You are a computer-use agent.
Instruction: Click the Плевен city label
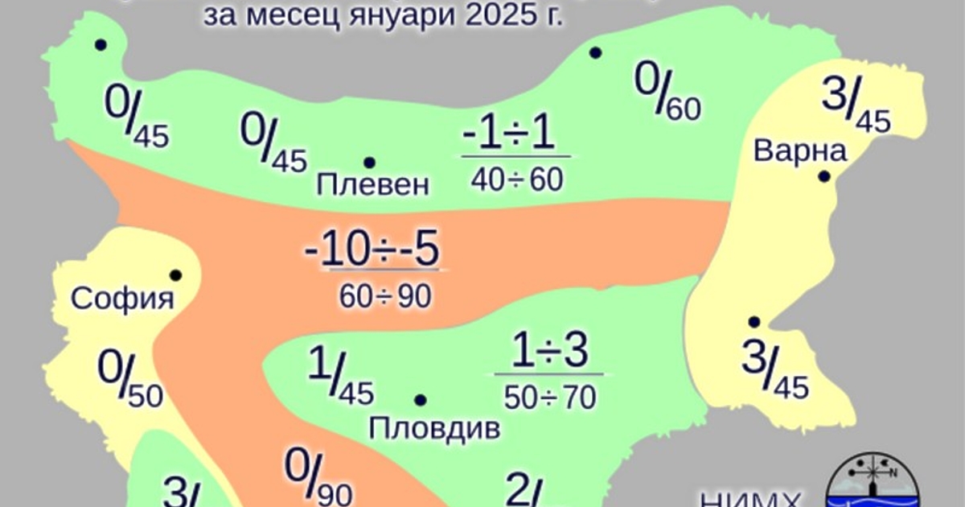373,186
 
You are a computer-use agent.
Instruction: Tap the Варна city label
801,150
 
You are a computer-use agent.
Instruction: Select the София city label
122,299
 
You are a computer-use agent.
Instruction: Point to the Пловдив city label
434,427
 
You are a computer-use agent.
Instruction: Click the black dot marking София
175,275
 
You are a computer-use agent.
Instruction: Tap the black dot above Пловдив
420,400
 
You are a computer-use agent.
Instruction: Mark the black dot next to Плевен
369,163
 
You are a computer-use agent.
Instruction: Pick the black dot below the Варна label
823,176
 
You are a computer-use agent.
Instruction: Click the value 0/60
667,93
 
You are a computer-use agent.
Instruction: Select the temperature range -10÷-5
372,252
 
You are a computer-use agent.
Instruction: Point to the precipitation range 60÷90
385,297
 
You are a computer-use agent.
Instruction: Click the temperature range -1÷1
508,136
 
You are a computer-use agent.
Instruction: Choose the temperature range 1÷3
552,351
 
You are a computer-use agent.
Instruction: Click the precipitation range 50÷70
550,397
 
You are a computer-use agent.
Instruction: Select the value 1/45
340,377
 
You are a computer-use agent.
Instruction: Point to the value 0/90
318,477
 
